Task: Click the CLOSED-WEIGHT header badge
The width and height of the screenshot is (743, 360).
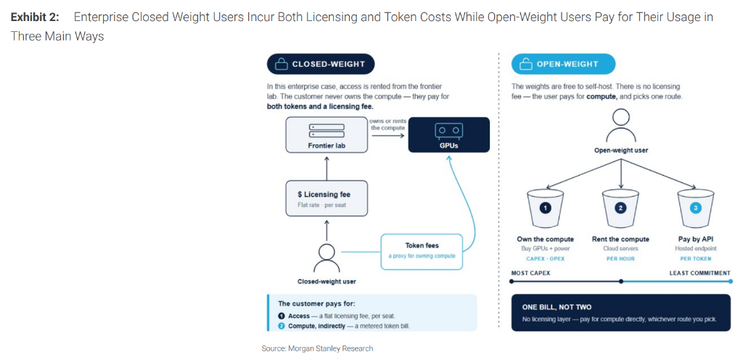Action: [321, 64]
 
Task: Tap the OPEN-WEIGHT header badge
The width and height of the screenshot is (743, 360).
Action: [563, 64]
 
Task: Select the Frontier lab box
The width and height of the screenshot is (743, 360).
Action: [327, 135]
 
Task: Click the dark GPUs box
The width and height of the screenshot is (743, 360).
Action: [448, 135]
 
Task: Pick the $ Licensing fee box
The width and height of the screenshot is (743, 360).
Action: [327, 198]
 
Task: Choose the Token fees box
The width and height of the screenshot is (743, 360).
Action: [422, 251]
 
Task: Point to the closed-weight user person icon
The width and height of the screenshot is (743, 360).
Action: [327, 258]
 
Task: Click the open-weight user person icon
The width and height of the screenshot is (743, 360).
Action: [621, 124]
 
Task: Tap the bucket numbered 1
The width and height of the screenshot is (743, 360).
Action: [546, 208]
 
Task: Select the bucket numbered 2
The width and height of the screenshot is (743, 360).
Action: [621, 208]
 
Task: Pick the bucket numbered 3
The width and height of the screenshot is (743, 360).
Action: [696, 208]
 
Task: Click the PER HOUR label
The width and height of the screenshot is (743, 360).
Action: [621, 258]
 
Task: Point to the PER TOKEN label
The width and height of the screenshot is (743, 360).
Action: [696, 258]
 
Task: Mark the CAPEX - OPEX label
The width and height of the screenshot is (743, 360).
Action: [546, 258]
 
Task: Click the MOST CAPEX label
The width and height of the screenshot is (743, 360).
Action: [530, 274]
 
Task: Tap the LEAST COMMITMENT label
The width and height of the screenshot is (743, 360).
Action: [700, 274]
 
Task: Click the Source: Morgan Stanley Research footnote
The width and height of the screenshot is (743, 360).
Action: [318, 348]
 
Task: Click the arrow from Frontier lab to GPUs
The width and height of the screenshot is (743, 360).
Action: [387, 136]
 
